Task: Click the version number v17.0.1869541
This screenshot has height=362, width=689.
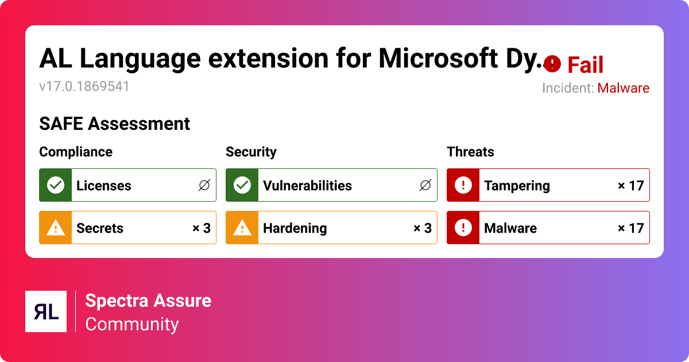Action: pos(84,87)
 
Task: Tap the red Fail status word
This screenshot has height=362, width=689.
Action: pos(585,65)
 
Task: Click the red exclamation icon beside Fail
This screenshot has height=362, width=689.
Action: pos(552,64)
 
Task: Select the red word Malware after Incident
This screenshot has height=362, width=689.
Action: pos(623,88)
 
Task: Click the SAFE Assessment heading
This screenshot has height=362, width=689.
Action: pos(114,124)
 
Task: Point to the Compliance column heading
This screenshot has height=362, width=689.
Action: pos(76,152)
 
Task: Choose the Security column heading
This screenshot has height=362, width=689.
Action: pos(251,152)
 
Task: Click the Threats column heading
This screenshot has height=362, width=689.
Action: pos(470,152)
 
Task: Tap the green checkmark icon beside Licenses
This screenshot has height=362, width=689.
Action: pos(56,185)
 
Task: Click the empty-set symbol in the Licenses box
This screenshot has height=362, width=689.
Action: pos(204,185)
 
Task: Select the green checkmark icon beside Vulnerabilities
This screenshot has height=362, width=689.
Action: pos(242,185)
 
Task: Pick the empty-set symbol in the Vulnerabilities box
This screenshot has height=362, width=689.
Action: pos(425,185)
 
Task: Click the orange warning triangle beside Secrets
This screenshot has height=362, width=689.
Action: pos(56,228)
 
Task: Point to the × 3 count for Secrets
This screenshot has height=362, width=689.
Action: pos(202,228)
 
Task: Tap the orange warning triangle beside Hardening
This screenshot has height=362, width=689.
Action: pos(242,228)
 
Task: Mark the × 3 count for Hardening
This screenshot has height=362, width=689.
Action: pos(423,228)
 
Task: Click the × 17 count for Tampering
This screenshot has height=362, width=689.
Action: pos(630,186)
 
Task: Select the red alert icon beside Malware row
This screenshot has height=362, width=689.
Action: pos(463,228)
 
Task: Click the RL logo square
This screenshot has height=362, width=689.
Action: pos(46,311)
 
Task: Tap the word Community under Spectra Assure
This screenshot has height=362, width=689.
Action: pos(132,325)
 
